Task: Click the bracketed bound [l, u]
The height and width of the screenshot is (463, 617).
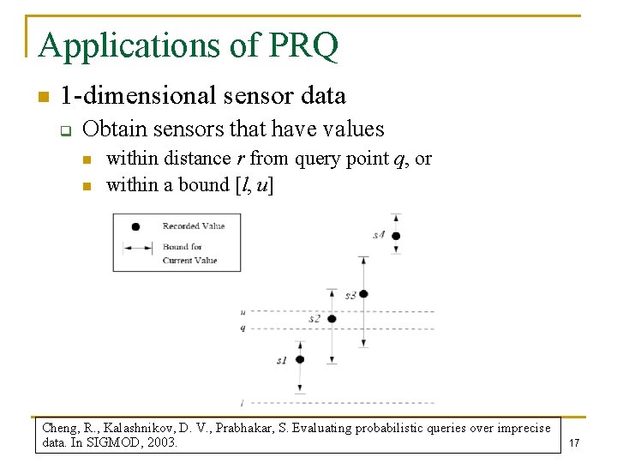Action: [x=254, y=185]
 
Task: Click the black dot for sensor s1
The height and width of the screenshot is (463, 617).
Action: [x=300, y=359]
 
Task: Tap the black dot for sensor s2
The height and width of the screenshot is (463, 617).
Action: [x=332, y=319]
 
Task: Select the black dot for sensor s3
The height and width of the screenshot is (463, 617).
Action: [x=363, y=294]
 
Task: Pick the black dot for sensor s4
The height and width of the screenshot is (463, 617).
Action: [x=395, y=235]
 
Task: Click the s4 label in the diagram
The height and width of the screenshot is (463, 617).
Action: [x=379, y=235]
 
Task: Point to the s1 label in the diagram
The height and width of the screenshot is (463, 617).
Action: [x=282, y=361]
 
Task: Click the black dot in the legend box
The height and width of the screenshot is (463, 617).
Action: [x=135, y=226]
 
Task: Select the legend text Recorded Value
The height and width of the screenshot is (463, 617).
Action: [x=194, y=226]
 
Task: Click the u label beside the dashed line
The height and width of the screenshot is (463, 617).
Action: [x=243, y=312]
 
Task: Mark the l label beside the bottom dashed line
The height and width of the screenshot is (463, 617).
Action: [x=243, y=402]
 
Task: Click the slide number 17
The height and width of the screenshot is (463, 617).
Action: [x=574, y=443]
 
